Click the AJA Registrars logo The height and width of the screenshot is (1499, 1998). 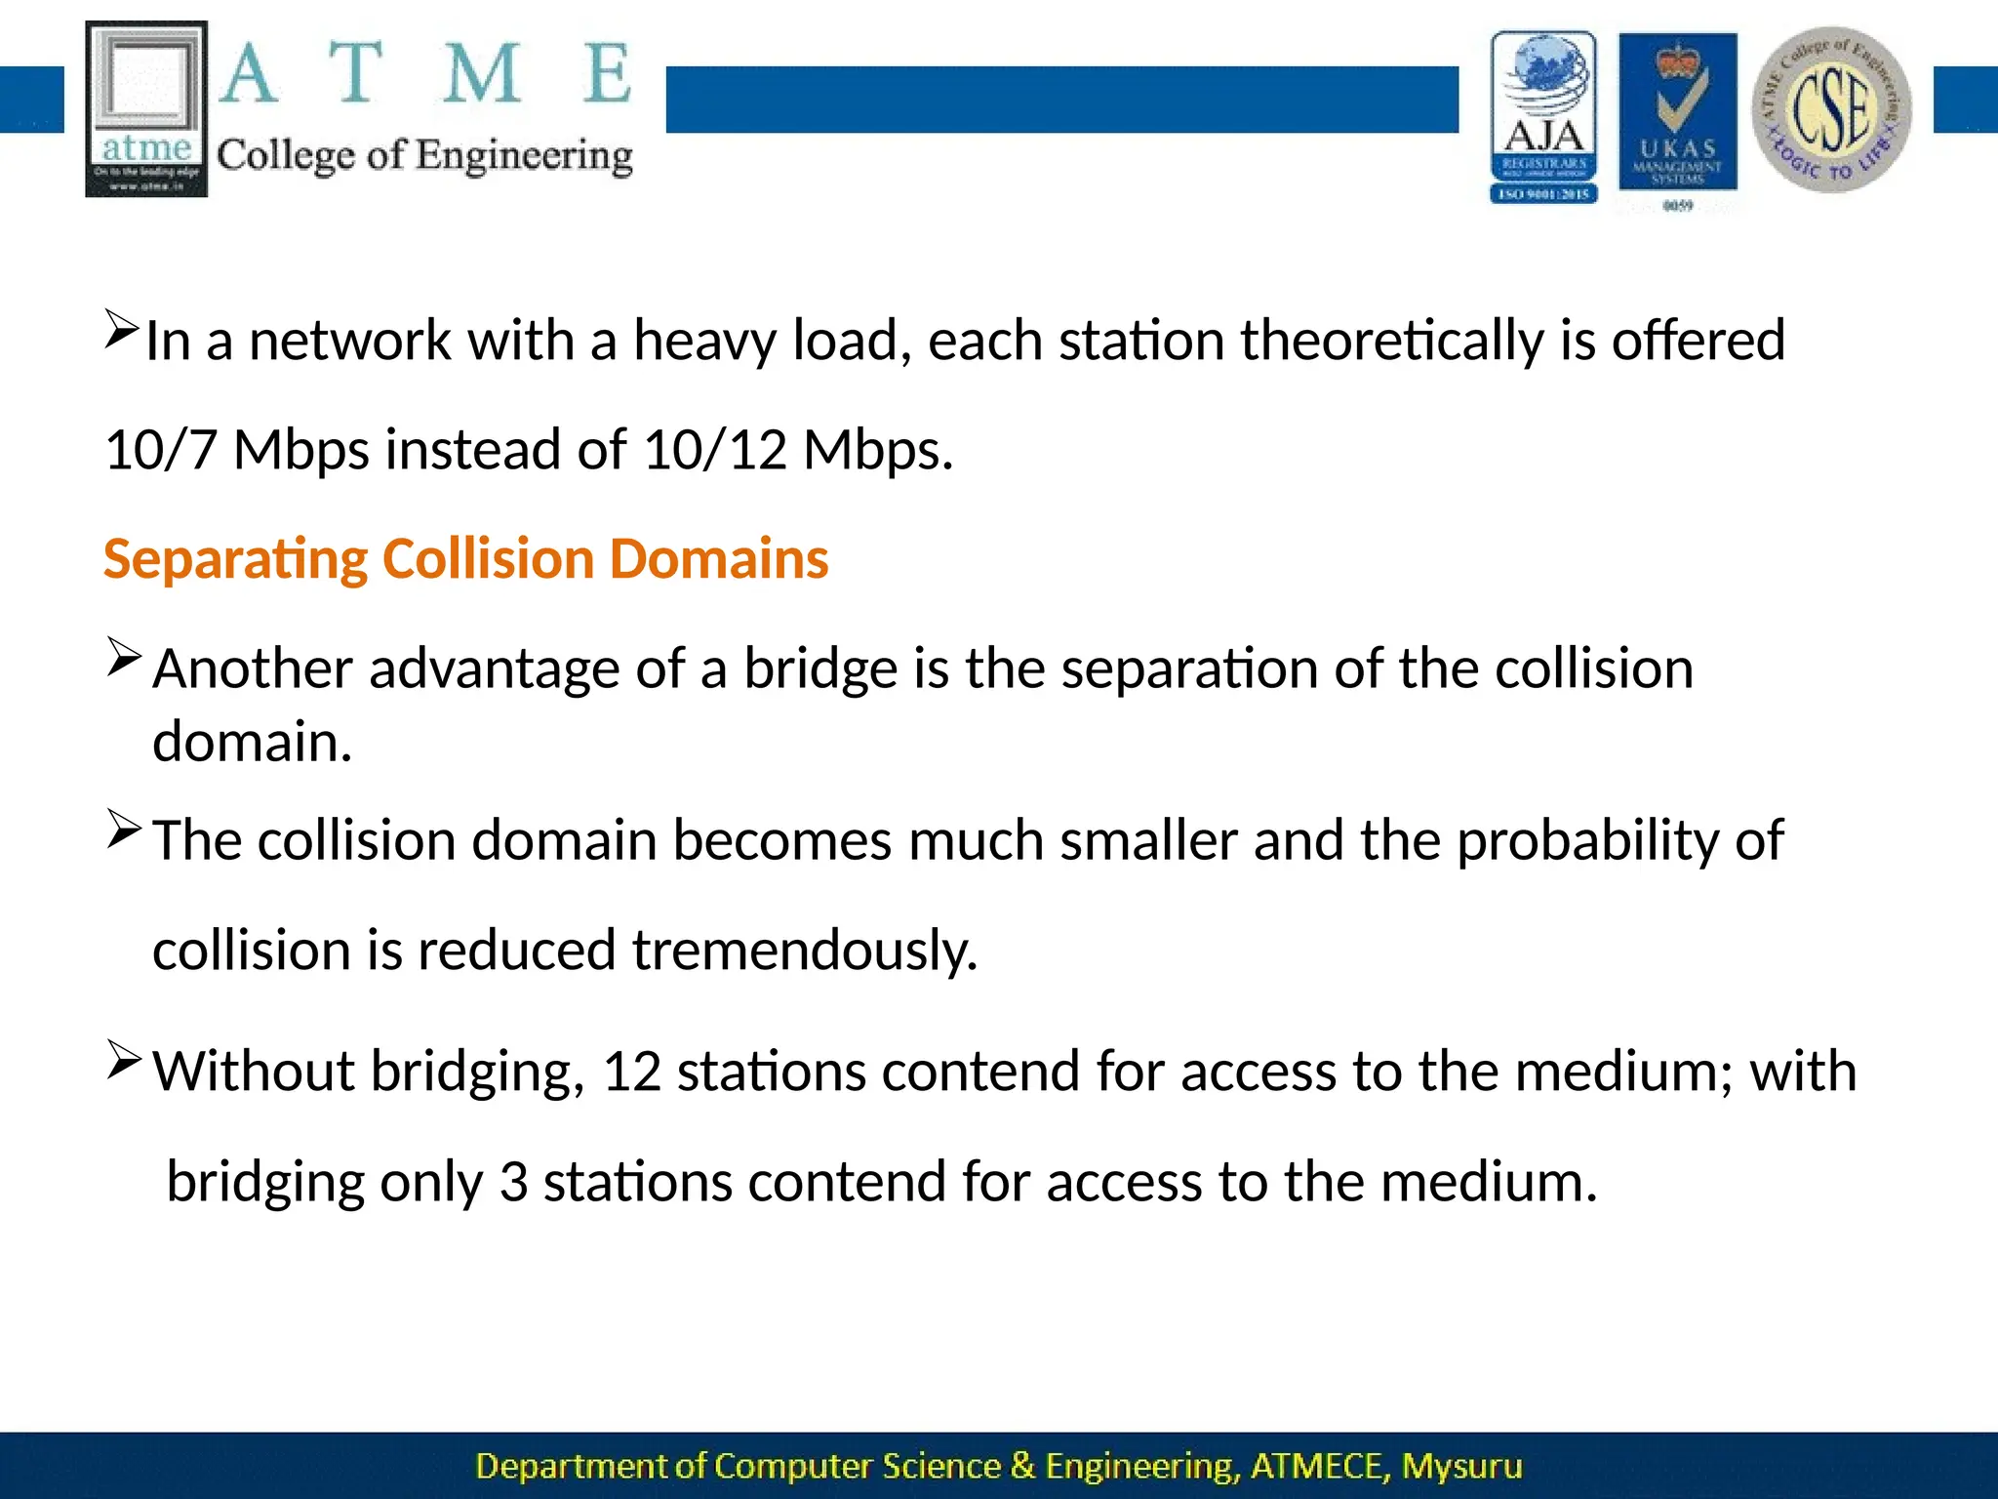1543,117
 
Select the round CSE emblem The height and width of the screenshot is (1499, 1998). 1831,109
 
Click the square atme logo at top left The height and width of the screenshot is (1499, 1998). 146,108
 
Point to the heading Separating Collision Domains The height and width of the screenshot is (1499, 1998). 465,559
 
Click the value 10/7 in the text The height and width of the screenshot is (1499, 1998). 160,450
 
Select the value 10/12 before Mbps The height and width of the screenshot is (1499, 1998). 715,450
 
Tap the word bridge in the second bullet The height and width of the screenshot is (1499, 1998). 820,669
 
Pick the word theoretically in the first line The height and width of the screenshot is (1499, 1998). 1392,341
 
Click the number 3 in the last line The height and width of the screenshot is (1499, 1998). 513,1182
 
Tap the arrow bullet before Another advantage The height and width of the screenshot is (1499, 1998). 125,657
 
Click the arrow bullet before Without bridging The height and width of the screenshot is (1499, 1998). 125,1060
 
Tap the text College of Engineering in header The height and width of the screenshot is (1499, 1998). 424,156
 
